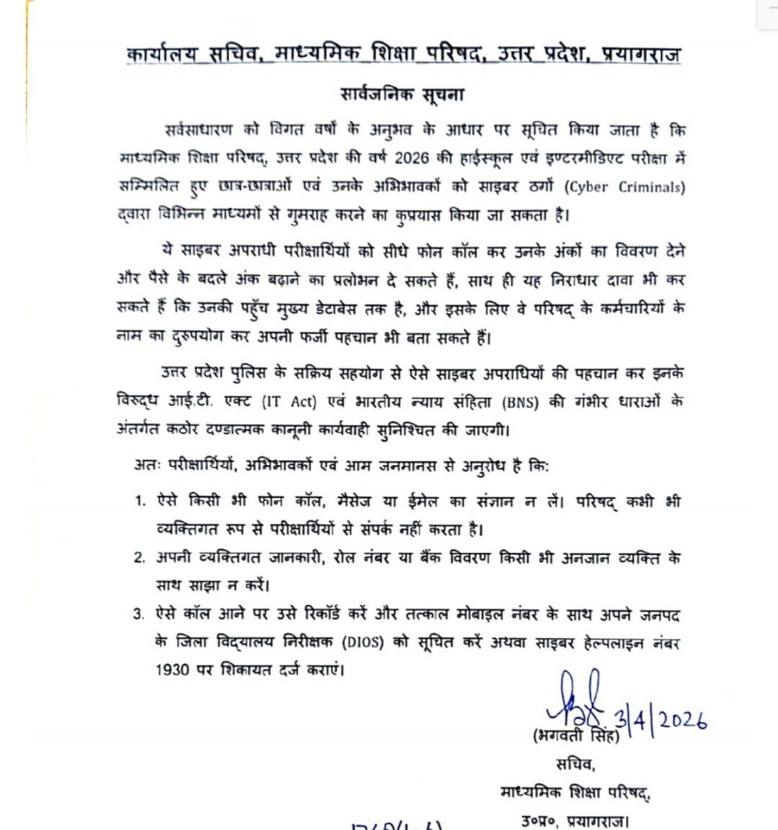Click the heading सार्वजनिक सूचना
click(403, 95)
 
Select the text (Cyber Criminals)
click(624, 187)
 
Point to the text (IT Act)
click(289, 402)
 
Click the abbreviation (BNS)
click(520, 402)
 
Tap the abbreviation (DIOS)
click(365, 643)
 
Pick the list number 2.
click(140, 558)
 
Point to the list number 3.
click(140, 614)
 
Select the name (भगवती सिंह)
click(576, 737)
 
